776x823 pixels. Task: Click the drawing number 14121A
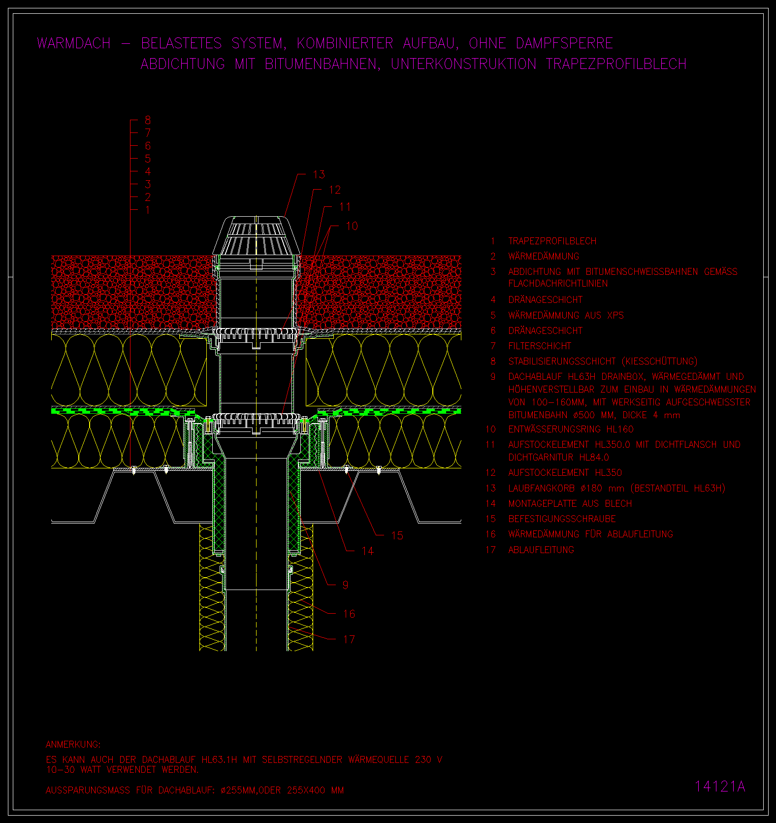pyautogui.click(x=720, y=787)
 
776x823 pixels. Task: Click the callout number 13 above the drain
pyautogui.click(x=319, y=174)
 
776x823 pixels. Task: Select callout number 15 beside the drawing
pyautogui.click(x=397, y=535)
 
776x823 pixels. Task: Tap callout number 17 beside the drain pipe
pyautogui.click(x=349, y=639)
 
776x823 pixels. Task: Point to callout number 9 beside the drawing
pyautogui.click(x=345, y=585)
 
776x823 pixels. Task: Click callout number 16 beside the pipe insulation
pyautogui.click(x=349, y=614)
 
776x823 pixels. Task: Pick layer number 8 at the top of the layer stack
pyautogui.click(x=148, y=120)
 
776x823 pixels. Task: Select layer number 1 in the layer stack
pyautogui.click(x=148, y=210)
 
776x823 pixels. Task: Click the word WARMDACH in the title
pyautogui.click(x=74, y=43)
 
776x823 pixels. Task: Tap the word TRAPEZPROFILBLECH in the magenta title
pyautogui.click(x=616, y=64)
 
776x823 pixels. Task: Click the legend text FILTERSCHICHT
pyautogui.click(x=540, y=346)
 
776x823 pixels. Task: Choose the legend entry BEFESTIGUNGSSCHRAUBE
pyautogui.click(x=562, y=519)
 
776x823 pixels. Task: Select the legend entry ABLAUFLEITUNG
pyautogui.click(x=541, y=550)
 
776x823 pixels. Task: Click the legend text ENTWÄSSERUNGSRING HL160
pyautogui.click(x=571, y=429)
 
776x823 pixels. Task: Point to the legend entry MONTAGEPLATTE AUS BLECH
pyautogui.click(x=570, y=503)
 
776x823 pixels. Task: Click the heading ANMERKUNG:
pyautogui.click(x=73, y=744)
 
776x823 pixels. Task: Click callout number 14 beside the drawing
pyautogui.click(x=368, y=551)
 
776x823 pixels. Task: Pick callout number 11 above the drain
pyautogui.click(x=345, y=207)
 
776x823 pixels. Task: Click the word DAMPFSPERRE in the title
pyautogui.click(x=564, y=43)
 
